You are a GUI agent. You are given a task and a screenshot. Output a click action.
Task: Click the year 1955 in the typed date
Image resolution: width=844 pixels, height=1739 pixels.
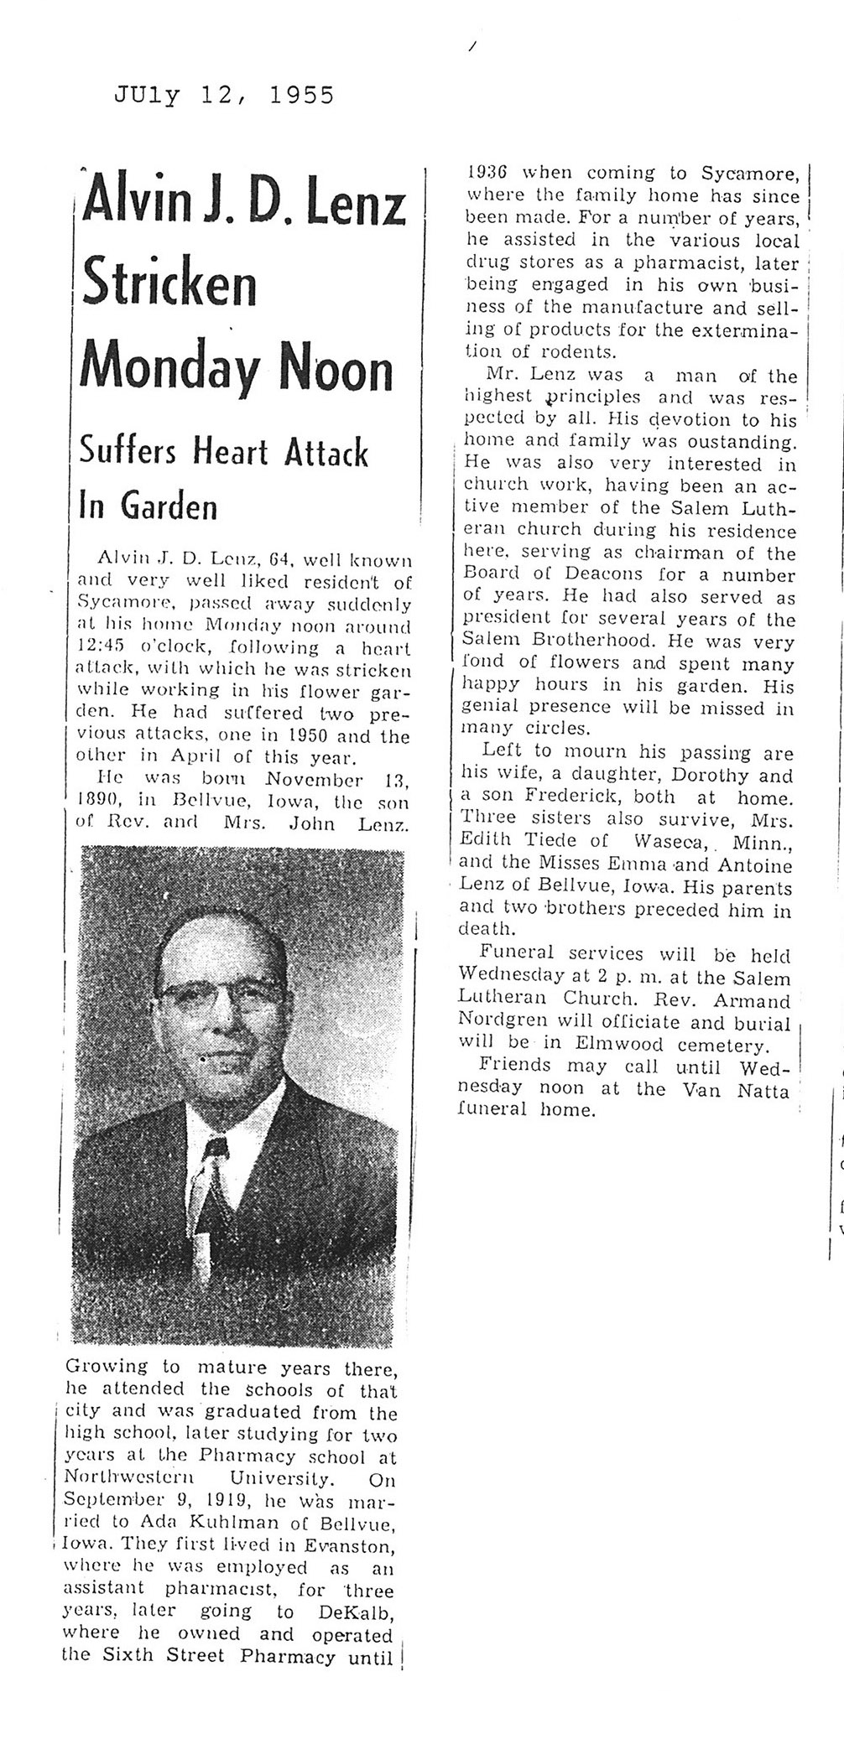point(301,96)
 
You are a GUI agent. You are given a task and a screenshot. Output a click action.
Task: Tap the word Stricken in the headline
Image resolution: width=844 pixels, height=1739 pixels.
point(167,287)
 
